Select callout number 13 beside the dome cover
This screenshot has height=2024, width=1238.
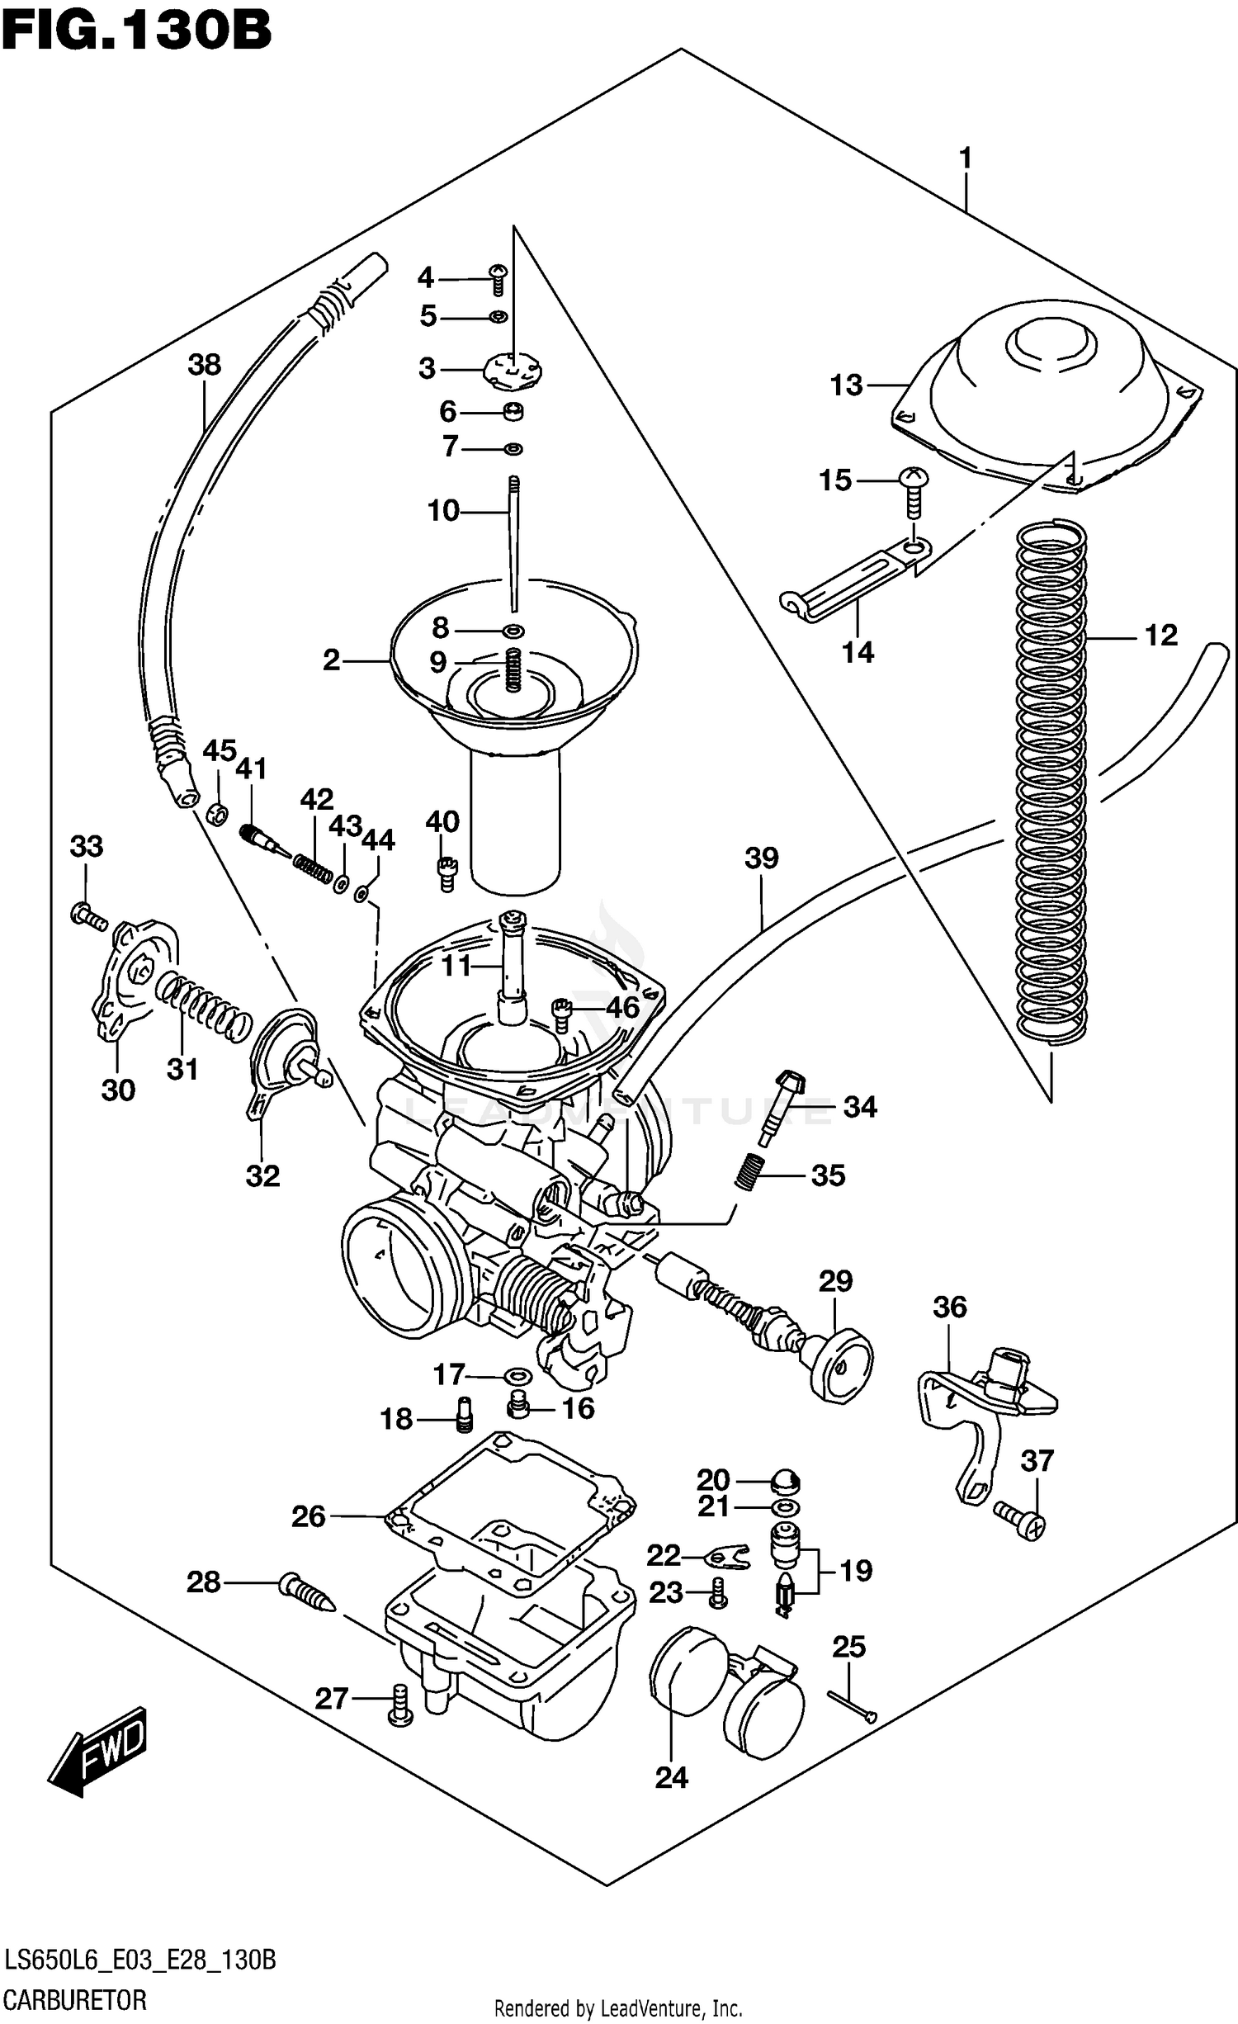click(846, 385)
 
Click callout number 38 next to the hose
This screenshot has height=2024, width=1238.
click(204, 364)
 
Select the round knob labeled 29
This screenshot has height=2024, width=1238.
click(840, 1366)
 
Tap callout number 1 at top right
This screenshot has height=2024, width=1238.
click(965, 157)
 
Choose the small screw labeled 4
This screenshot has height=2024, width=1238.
click(498, 279)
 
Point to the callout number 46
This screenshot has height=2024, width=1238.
click(622, 1007)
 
